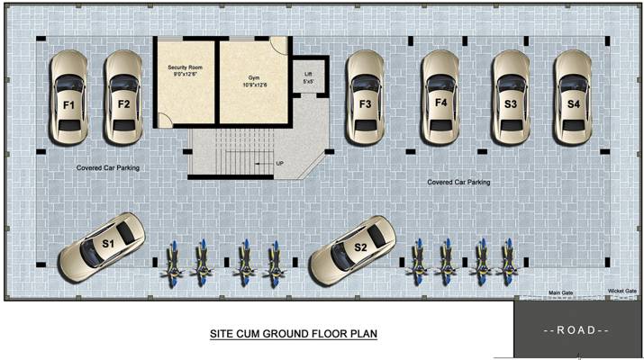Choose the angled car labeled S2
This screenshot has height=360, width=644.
tap(352, 248)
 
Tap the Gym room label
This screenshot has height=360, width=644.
tap(253, 78)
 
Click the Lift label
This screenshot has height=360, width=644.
tap(308, 74)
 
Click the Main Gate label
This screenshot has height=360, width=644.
tap(561, 292)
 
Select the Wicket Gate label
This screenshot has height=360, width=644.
tap(622, 291)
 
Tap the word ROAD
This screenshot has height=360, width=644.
tap(577, 330)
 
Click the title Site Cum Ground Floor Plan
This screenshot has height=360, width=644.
tap(293, 334)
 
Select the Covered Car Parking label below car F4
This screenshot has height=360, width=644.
tap(458, 182)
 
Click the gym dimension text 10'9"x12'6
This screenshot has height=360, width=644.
tap(253, 87)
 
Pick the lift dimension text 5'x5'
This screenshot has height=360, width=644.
tap(308, 82)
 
